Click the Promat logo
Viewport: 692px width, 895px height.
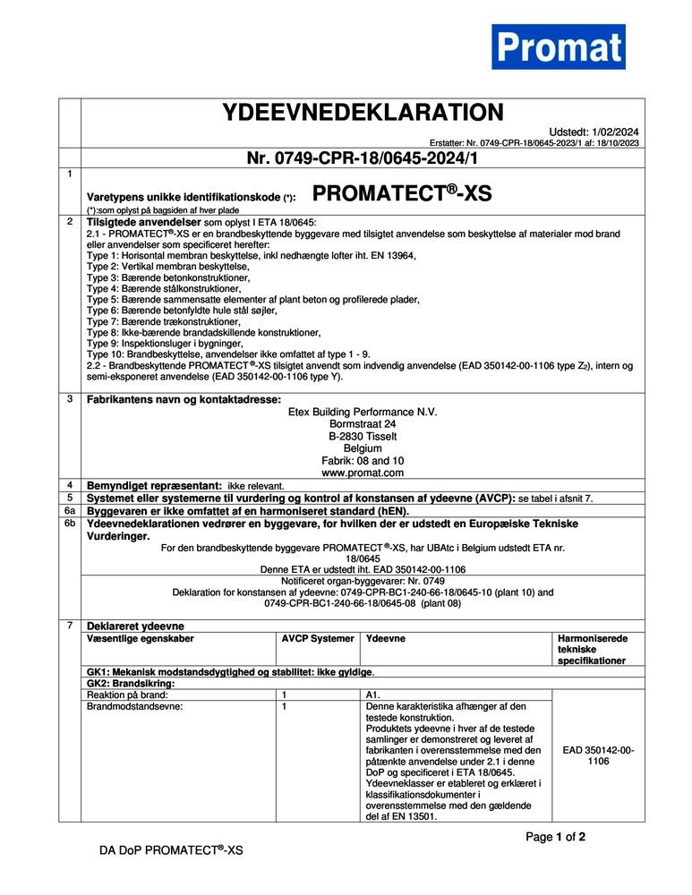(x=558, y=47)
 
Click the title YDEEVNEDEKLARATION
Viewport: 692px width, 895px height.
(x=363, y=114)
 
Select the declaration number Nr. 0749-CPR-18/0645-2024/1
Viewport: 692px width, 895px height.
(x=363, y=159)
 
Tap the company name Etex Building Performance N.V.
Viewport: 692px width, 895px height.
(x=363, y=412)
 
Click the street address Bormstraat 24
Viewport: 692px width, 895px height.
(x=363, y=424)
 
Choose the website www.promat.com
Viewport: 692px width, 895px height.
(x=363, y=472)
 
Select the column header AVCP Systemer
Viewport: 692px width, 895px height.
(x=318, y=639)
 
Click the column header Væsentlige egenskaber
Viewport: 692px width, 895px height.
(x=140, y=639)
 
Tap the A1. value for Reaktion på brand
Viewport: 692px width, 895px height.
(x=374, y=695)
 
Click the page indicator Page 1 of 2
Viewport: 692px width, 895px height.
(x=555, y=838)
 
